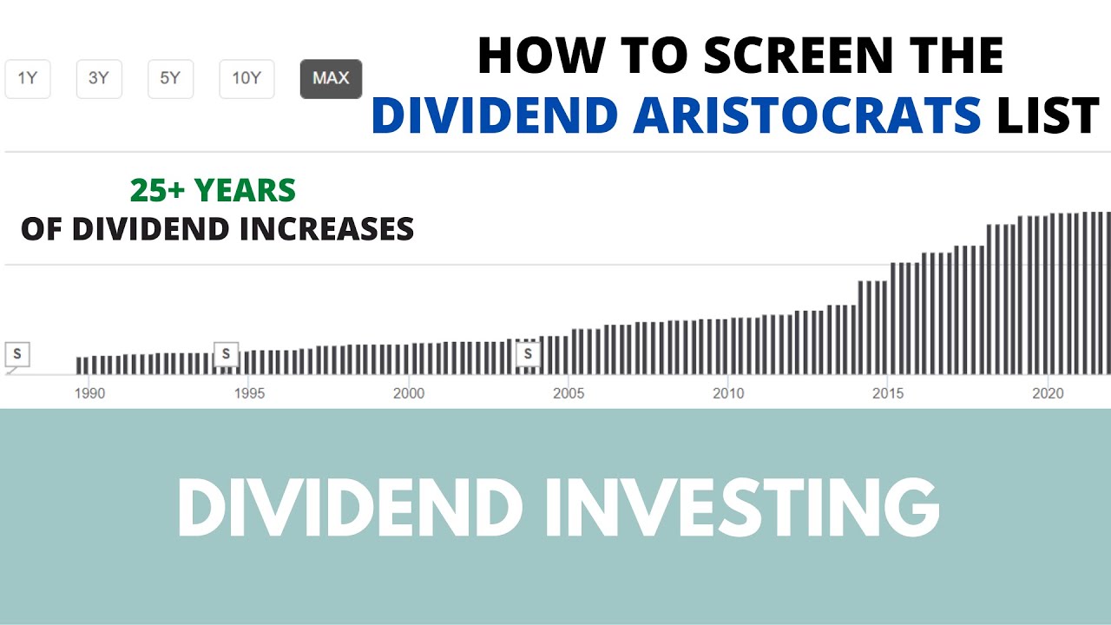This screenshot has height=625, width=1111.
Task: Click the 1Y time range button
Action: (x=28, y=79)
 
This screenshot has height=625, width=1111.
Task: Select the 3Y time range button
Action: (x=99, y=79)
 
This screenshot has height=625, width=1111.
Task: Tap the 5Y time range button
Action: (x=170, y=79)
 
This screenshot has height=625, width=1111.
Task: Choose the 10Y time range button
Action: (x=247, y=79)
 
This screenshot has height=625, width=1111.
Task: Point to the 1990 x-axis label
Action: (x=89, y=393)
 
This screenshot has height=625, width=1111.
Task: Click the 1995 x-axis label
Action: (x=249, y=393)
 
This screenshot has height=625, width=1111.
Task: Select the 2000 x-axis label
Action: (x=409, y=393)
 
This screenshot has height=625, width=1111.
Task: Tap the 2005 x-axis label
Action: (x=569, y=393)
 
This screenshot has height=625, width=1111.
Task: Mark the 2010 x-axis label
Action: (x=728, y=393)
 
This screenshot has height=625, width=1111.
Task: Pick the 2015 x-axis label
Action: (x=888, y=393)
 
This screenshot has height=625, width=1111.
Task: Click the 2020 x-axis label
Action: (x=1048, y=393)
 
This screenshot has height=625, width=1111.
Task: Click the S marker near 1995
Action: (x=226, y=354)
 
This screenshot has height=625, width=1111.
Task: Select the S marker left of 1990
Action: (x=17, y=354)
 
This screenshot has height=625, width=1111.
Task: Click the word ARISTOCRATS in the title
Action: (x=806, y=116)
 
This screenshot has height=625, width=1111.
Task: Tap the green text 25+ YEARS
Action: (x=213, y=190)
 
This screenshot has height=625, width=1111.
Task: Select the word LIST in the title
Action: (x=1048, y=116)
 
